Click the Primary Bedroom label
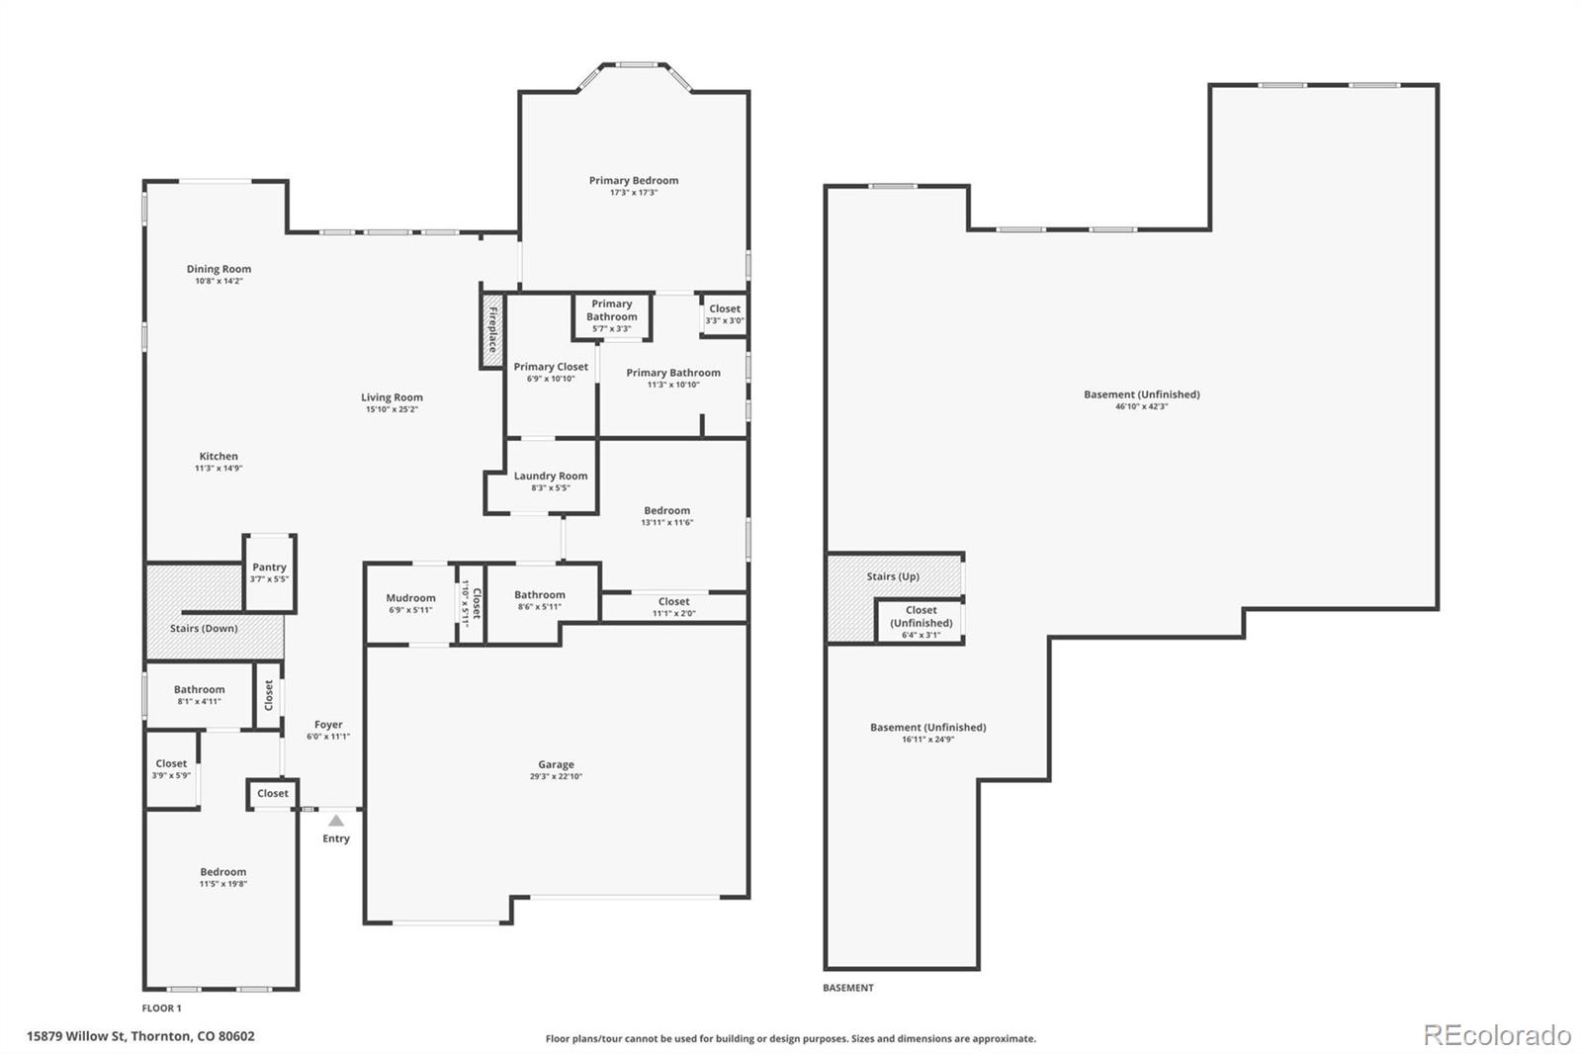[x=633, y=181]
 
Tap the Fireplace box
[x=492, y=329]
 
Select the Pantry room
[x=269, y=573]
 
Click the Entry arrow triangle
[x=336, y=821]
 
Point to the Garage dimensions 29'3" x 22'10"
[x=556, y=777]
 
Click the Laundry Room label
[x=551, y=476]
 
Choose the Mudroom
[x=410, y=603]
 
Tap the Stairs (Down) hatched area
[x=205, y=629]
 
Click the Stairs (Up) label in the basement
[x=893, y=576]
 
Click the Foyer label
[x=328, y=725]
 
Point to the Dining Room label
[x=219, y=269]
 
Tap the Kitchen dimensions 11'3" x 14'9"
[x=219, y=469]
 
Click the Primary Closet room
[x=551, y=372]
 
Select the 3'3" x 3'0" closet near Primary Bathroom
[x=724, y=314]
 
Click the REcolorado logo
[x=1496, y=1035]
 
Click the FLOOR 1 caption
[x=162, y=1009]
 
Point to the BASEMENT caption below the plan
[x=848, y=988]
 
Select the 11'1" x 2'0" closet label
[x=673, y=606]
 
